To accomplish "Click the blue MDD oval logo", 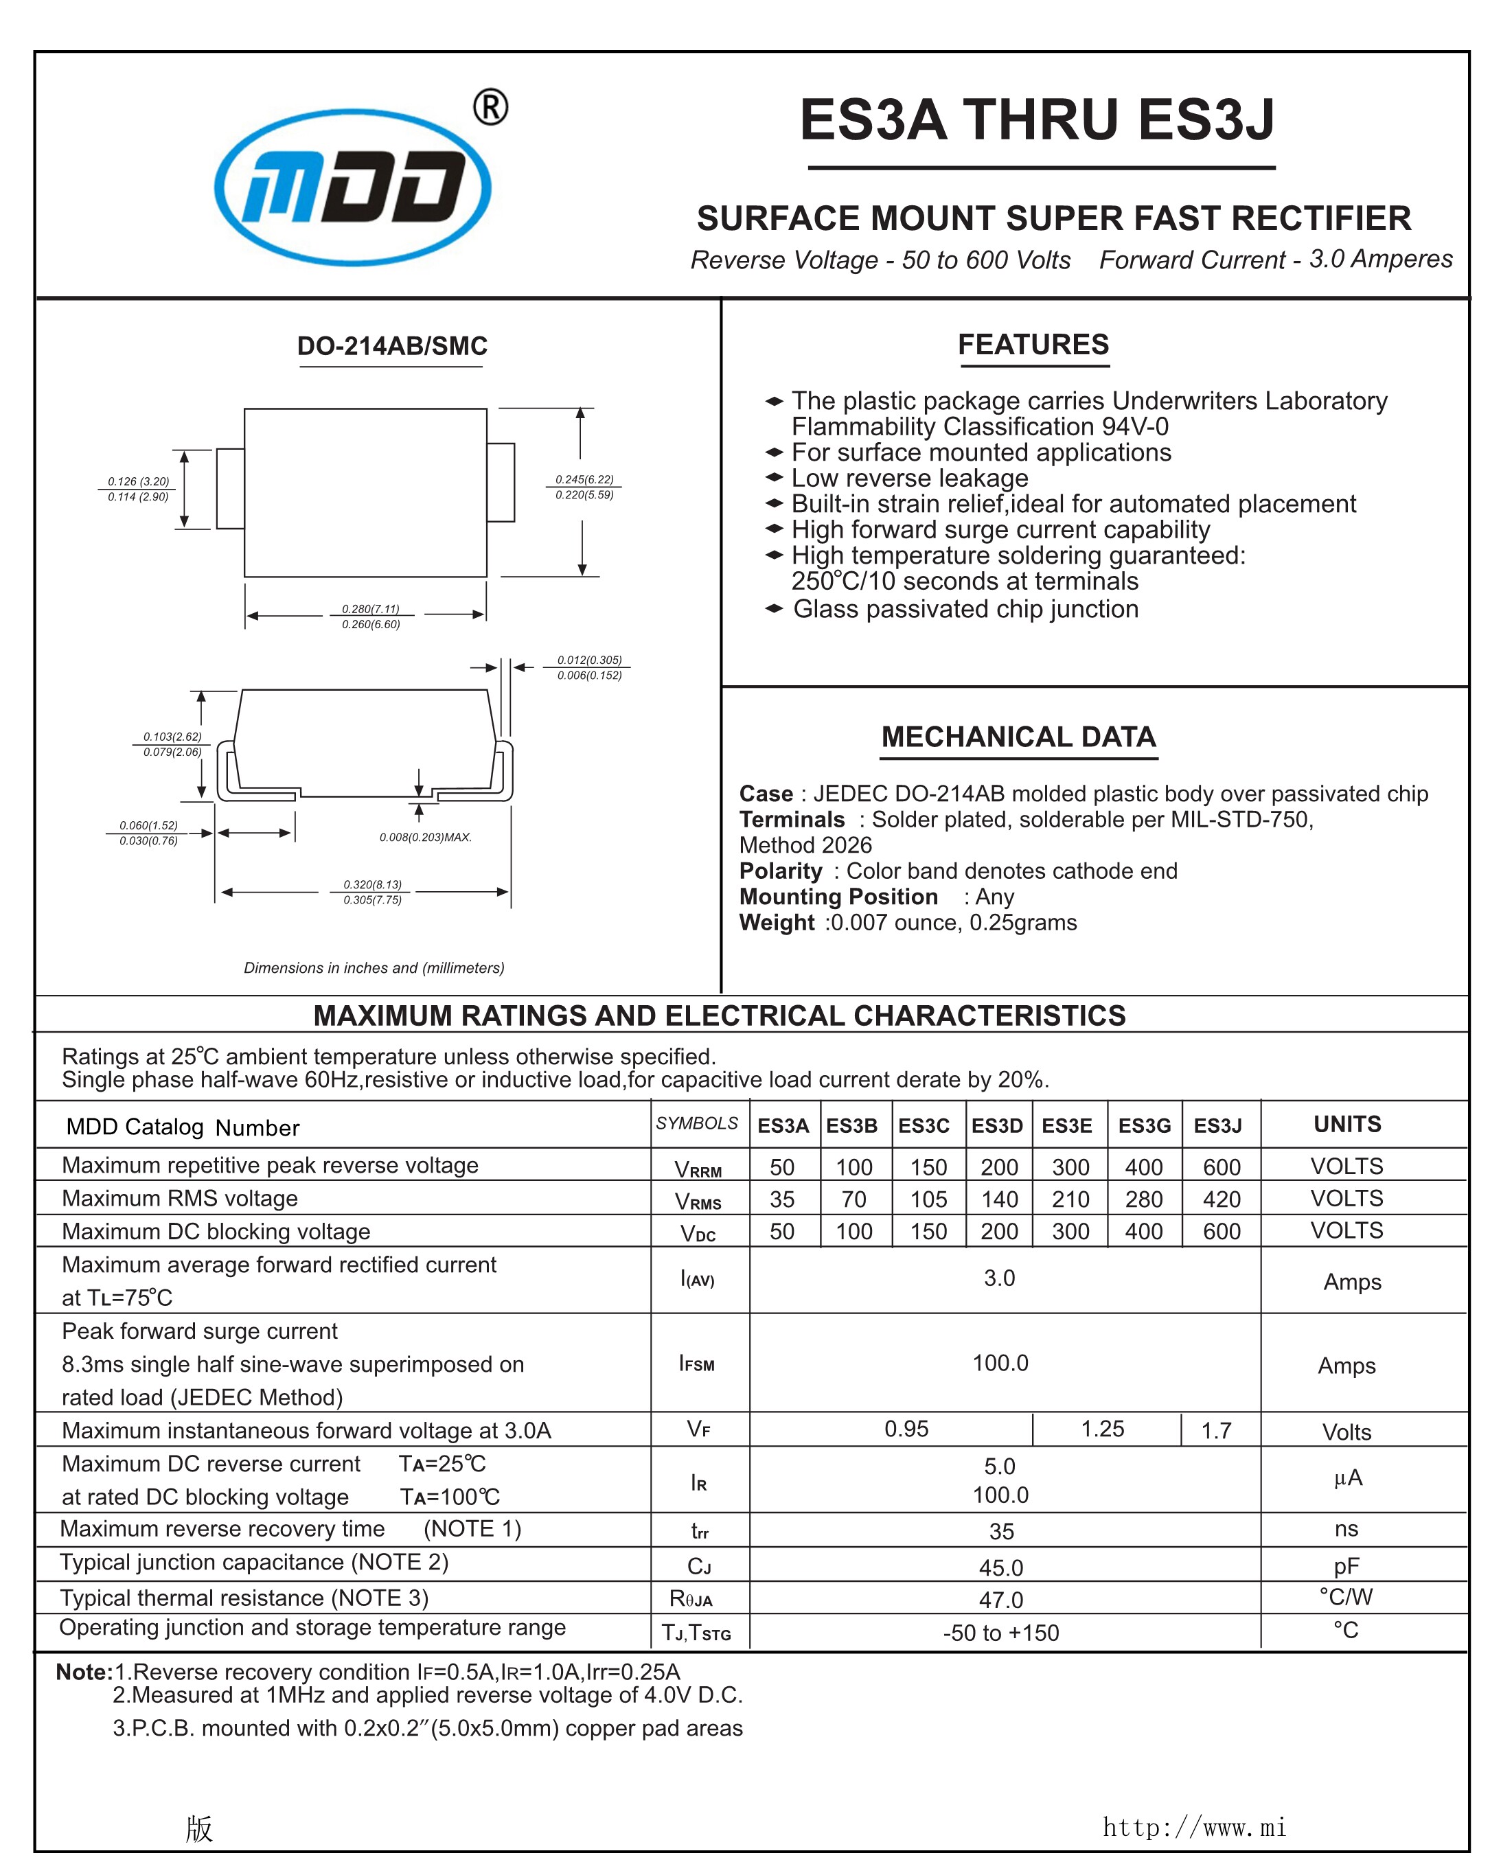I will click(352, 187).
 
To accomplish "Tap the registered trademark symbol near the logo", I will click(491, 108).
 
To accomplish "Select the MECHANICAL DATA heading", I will click(1018, 737).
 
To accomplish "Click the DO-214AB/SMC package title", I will click(392, 346).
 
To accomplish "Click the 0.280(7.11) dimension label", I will click(371, 609).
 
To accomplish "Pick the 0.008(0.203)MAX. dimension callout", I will click(425, 837).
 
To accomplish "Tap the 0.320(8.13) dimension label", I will click(372, 884).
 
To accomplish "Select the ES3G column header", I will click(1144, 1125).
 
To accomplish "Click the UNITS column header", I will click(1346, 1124).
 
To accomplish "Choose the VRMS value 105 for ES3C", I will click(928, 1199).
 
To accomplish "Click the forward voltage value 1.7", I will click(1215, 1431).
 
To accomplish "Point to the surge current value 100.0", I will click(1000, 1363).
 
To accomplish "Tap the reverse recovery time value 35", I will click(1001, 1531).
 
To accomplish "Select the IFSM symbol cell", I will click(697, 1364).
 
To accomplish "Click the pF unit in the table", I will click(1346, 1566).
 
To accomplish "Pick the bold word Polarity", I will click(780, 871).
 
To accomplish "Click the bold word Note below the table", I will click(83, 1672).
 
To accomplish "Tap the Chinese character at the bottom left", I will click(198, 1828).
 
